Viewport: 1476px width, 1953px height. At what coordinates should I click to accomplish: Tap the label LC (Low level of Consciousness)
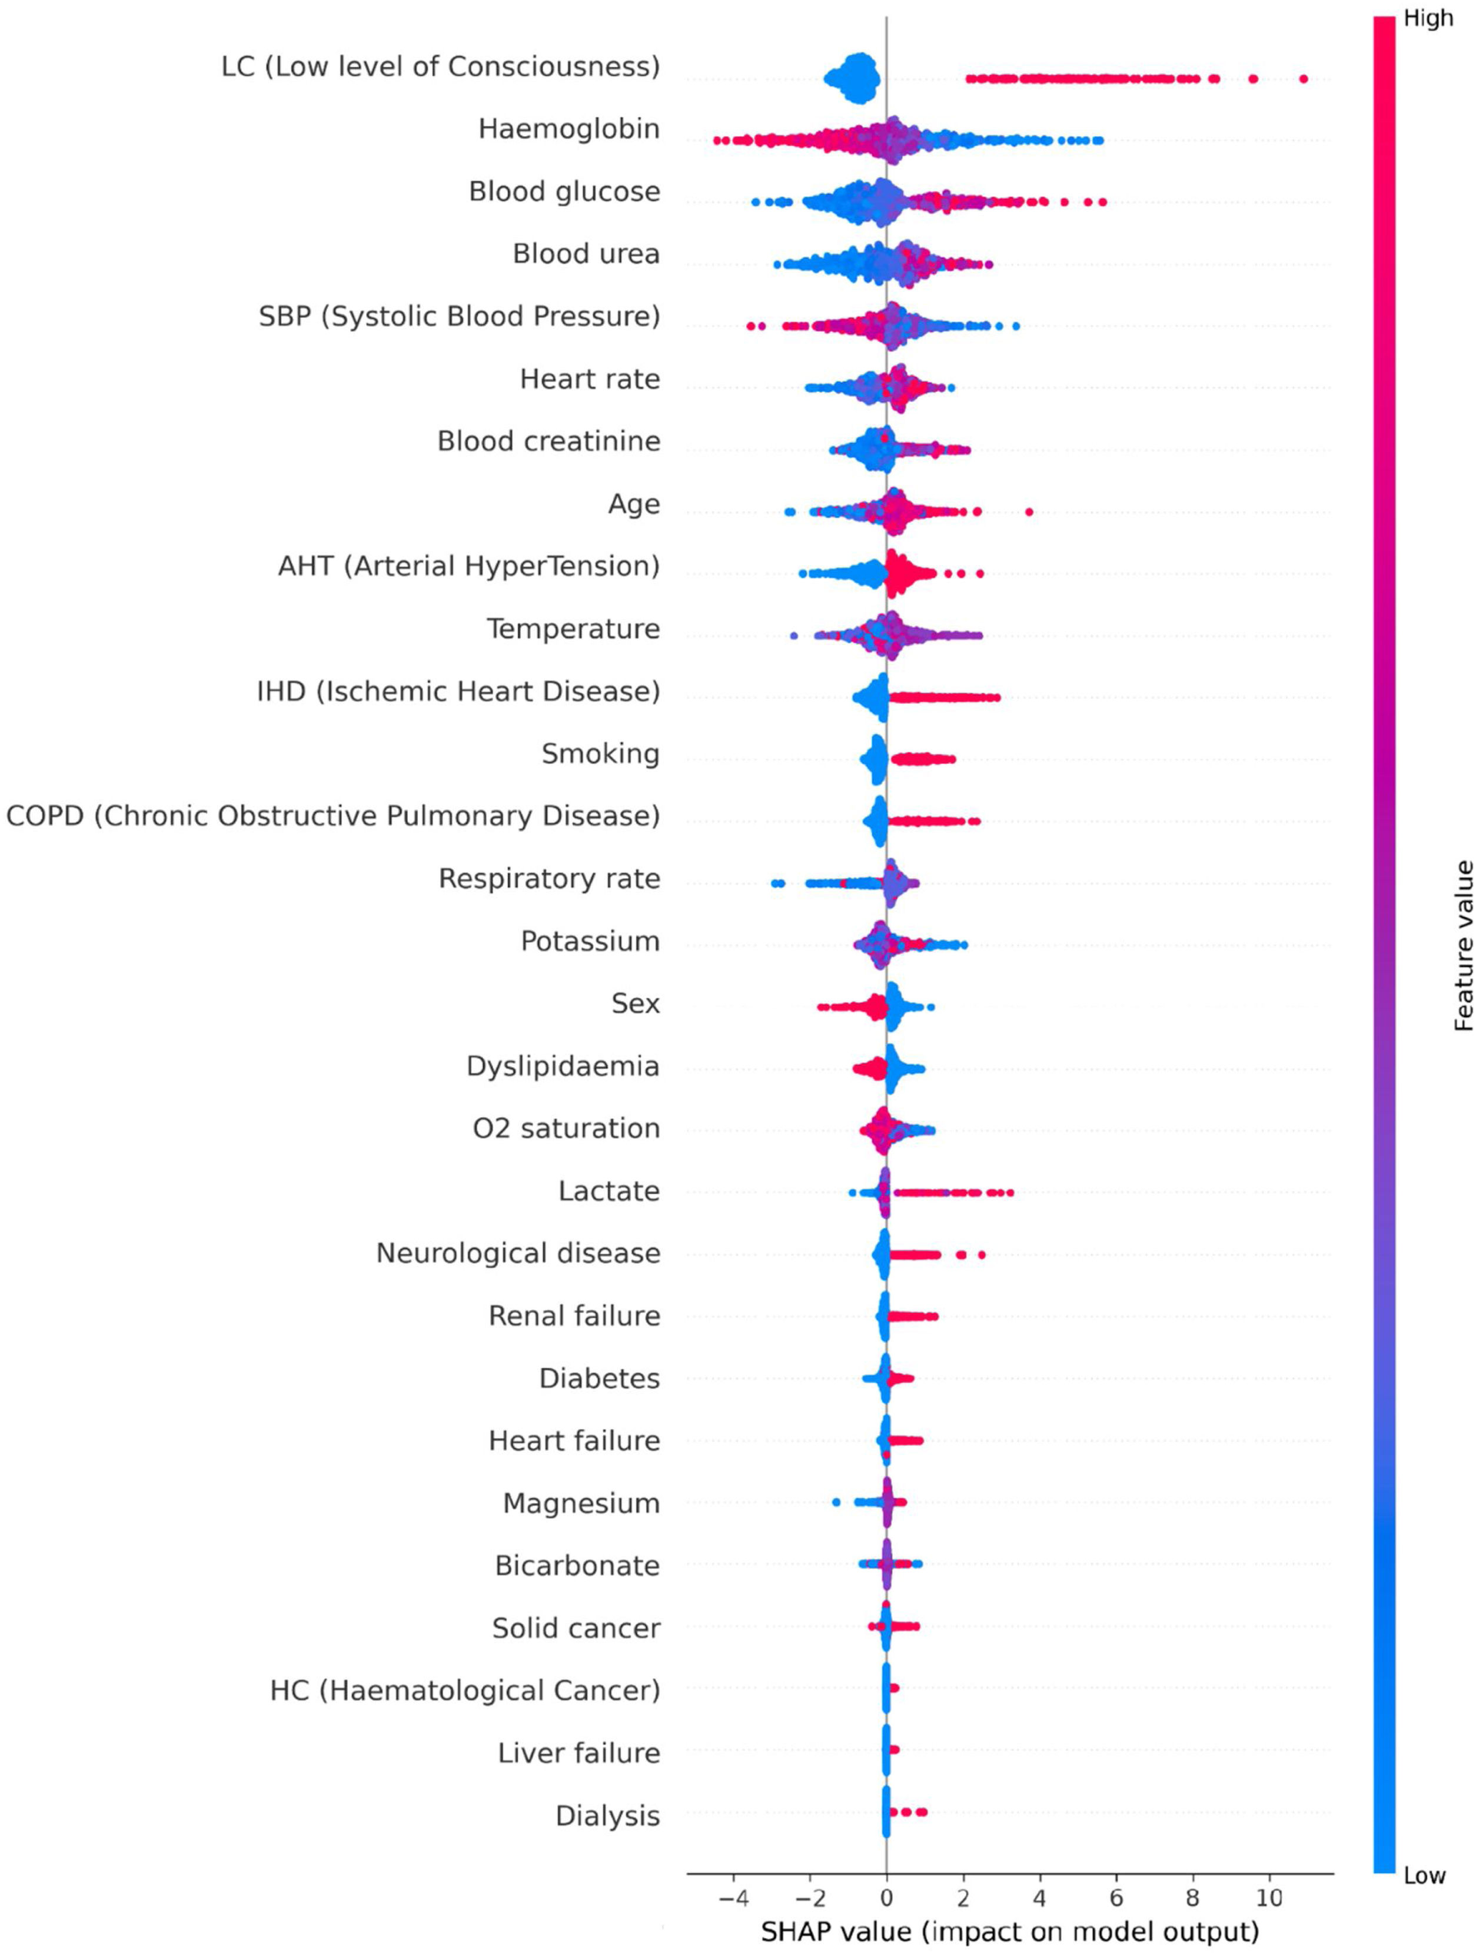click(440, 66)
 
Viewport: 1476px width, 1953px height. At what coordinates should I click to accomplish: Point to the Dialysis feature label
click(607, 1816)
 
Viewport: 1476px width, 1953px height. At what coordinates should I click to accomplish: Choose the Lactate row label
click(609, 1191)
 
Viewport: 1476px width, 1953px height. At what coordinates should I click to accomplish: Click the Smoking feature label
click(600, 754)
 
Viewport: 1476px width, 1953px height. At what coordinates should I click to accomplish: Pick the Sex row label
click(636, 1004)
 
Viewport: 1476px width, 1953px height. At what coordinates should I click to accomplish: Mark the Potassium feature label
click(590, 941)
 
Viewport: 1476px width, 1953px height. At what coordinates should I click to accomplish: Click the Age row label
click(634, 504)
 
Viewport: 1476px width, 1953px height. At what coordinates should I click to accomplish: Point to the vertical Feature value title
click(1463, 945)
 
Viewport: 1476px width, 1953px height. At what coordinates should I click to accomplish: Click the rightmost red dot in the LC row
click(1303, 79)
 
